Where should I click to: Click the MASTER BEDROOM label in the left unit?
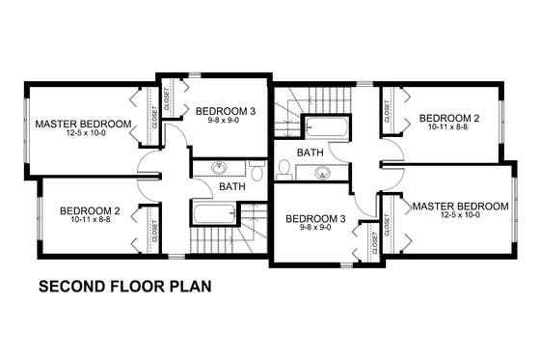pyautogui.click(x=83, y=124)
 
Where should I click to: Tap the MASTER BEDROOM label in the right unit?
pyautogui.click(x=460, y=206)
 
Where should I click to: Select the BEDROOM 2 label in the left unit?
pyautogui.click(x=89, y=210)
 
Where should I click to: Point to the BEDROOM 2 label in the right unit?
pyautogui.click(x=449, y=118)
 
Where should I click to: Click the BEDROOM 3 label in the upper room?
pyautogui.click(x=225, y=112)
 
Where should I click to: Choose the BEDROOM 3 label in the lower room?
pyautogui.click(x=315, y=219)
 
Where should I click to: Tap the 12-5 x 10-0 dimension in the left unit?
pyautogui.click(x=83, y=136)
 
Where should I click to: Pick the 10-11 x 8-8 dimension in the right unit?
pyautogui.click(x=449, y=129)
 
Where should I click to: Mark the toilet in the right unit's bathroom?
pyautogui.click(x=284, y=169)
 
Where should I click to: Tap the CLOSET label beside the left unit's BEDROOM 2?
pyautogui.click(x=154, y=228)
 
